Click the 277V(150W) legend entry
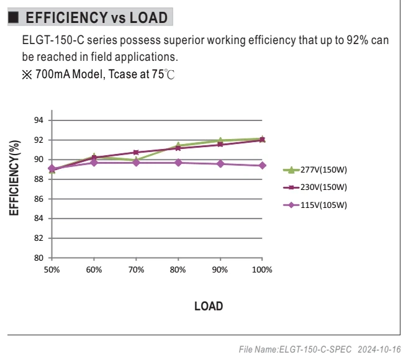(x=315, y=170)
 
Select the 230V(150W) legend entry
(x=315, y=187)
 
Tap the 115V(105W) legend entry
(x=315, y=205)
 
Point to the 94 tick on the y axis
(x=38, y=120)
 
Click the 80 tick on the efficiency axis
(x=38, y=258)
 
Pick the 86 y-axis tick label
(x=38, y=199)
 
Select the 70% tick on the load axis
(x=136, y=269)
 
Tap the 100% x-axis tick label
(x=262, y=269)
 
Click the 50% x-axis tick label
(x=52, y=269)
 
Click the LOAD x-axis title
(x=209, y=306)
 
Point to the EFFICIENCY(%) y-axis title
(x=14, y=178)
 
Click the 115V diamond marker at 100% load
(x=262, y=165)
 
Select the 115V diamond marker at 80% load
(x=178, y=163)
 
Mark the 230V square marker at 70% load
(x=136, y=152)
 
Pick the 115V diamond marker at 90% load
(x=220, y=164)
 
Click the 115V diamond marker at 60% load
(x=94, y=163)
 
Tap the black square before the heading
(x=13, y=17)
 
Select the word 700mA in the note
(x=53, y=74)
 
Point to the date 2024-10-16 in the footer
(x=379, y=349)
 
